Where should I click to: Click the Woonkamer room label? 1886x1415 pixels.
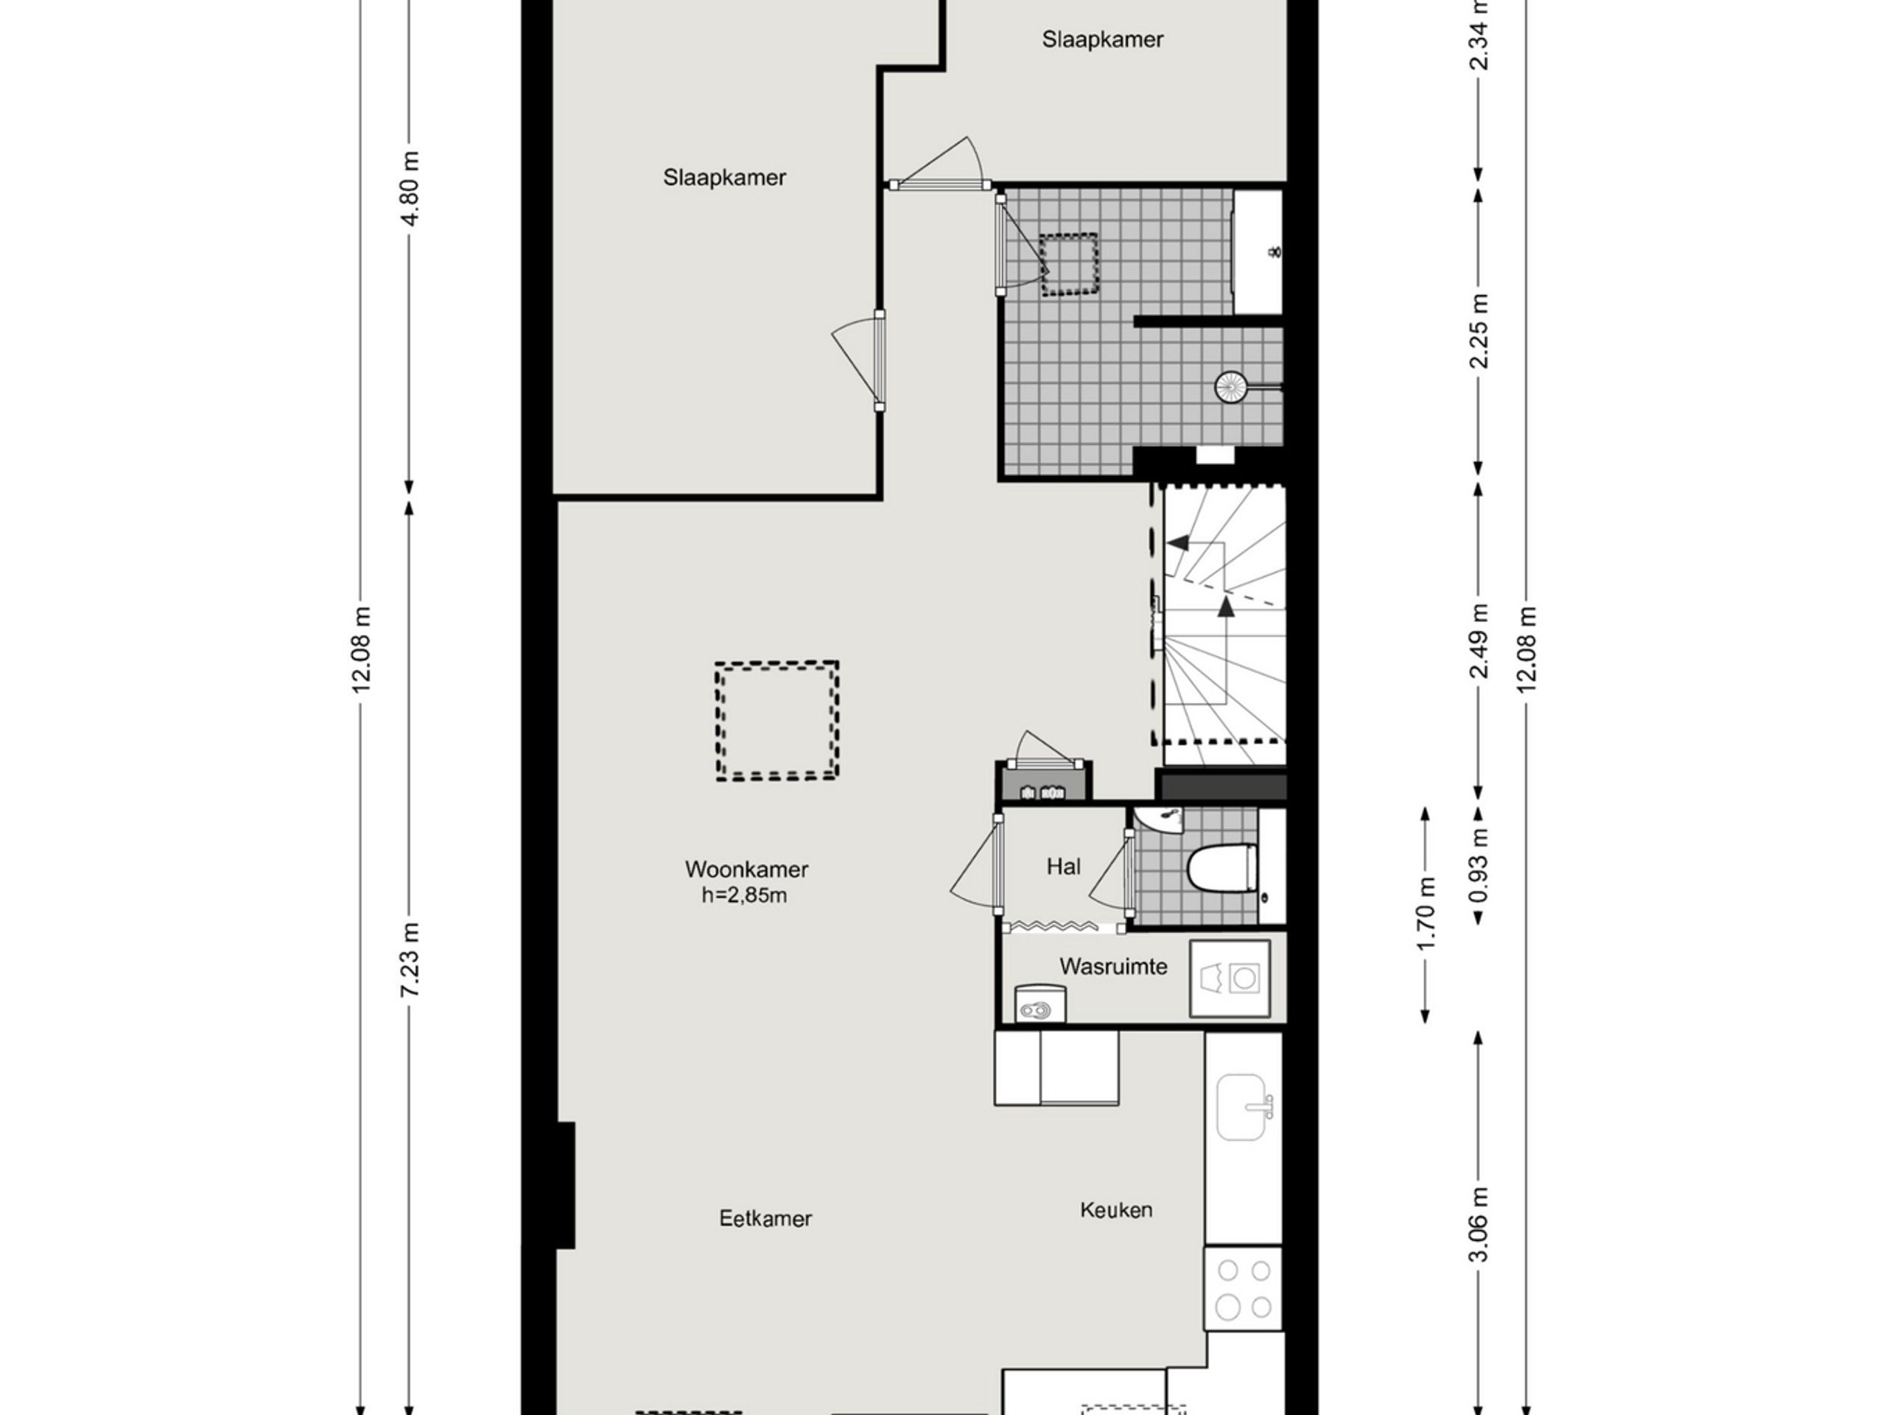click(x=746, y=869)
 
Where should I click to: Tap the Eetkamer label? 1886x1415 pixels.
click(x=765, y=1219)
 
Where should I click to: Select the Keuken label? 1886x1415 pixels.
click(x=1116, y=1209)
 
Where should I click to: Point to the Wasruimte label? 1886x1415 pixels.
click(x=1112, y=966)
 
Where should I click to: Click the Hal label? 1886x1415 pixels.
click(x=1063, y=867)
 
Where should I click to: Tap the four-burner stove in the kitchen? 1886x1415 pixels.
click(x=1243, y=1288)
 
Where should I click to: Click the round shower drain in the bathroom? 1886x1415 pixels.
click(x=1230, y=386)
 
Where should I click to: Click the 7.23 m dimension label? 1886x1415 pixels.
click(x=411, y=960)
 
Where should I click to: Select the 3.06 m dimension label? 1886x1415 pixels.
click(x=1479, y=1225)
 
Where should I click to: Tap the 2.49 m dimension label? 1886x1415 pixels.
click(x=1479, y=640)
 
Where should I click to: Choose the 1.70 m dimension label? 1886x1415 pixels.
click(x=1426, y=912)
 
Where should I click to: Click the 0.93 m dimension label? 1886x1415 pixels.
click(x=1479, y=866)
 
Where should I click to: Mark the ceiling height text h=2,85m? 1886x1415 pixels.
click(x=744, y=895)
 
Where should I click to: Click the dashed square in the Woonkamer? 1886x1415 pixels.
click(x=777, y=721)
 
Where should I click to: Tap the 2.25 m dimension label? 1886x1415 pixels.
click(x=1479, y=331)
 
